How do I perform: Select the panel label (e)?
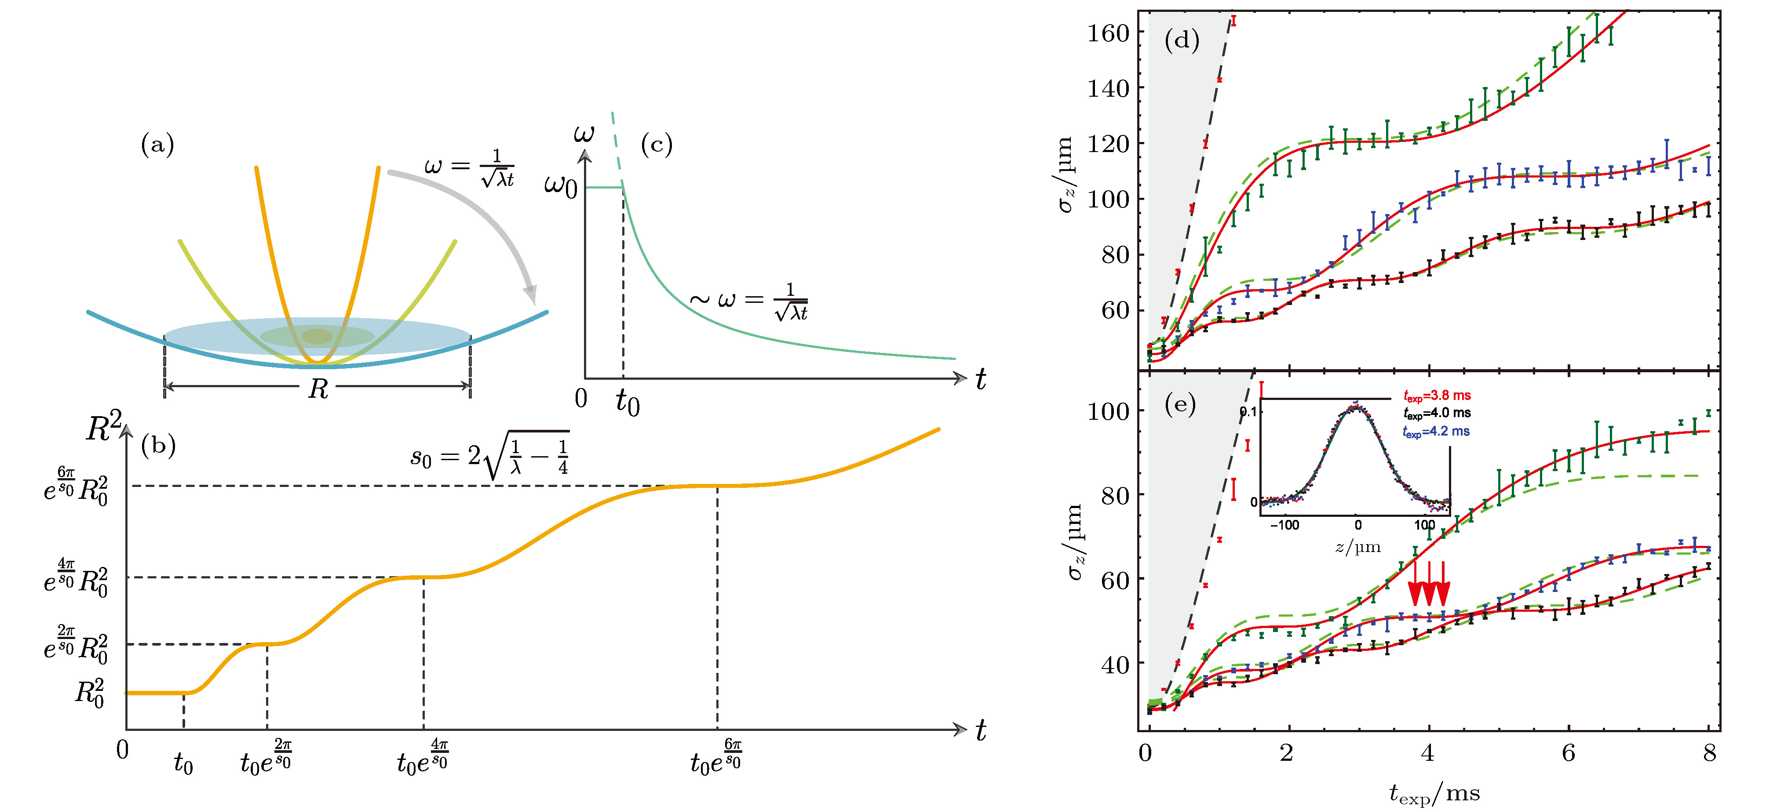pyautogui.click(x=1180, y=405)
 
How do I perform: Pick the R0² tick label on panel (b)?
pyautogui.click(x=90, y=693)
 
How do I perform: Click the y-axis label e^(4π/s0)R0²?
pyautogui.click(x=75, y=578)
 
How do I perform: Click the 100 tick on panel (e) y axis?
pyautogui.click(x=1108, y=411)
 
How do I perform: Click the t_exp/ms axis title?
pyautogui.click(x=1434, y=794)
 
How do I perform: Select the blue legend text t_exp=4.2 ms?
pyautogui.click(x=1436, y=432)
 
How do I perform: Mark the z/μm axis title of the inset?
pyautogui.click(x=1357, y=547)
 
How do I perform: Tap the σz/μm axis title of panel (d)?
pyautogui.click(x=1065, y=175)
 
